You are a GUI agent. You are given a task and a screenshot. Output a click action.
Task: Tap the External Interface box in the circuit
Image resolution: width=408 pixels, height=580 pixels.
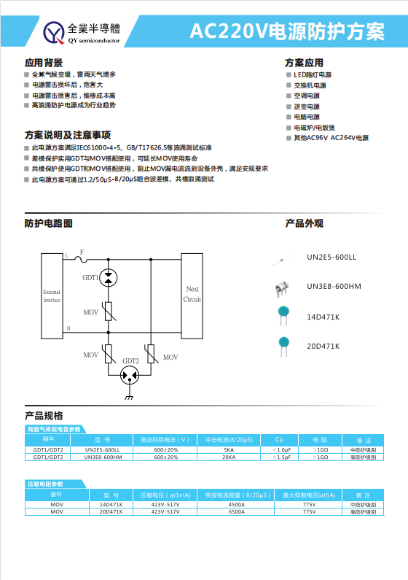[x=52, y=295]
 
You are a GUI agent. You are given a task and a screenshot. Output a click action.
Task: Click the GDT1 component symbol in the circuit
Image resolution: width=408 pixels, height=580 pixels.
[x=108, y=277]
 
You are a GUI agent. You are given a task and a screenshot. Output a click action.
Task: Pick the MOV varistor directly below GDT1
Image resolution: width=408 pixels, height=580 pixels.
[x=108, y=312]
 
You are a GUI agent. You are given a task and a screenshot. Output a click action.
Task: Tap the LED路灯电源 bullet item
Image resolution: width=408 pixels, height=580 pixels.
[x=313, y=75]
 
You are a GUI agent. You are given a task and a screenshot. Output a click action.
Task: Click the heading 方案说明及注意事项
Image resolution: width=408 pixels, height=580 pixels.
[x=68, y=135]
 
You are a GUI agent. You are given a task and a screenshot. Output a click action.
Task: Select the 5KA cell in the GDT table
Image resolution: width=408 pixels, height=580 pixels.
[x=229, y=450]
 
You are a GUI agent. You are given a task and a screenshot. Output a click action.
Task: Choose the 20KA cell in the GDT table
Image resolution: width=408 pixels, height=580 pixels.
[x=229, y=457]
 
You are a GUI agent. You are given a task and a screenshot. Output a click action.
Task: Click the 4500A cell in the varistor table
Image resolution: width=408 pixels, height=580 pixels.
[x=237, y=504]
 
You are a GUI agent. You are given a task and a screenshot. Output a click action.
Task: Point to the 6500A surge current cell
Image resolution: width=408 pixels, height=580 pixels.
[x=237, y=511]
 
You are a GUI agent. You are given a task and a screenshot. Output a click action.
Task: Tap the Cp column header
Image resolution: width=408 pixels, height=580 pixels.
[x=279, y=440]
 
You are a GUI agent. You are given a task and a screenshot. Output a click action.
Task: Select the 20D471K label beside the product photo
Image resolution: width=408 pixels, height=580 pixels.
[x=323, y=345]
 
